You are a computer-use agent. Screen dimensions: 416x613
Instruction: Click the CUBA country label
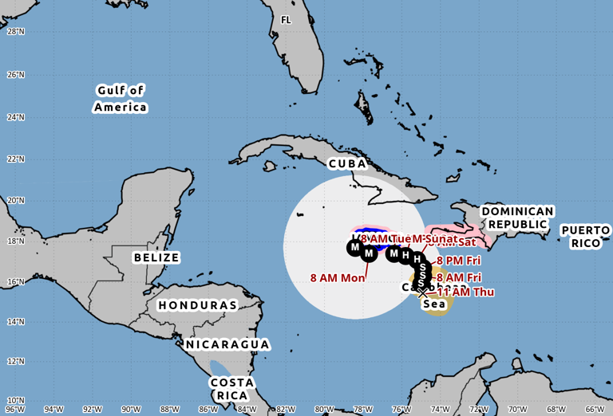(x=347, y=163)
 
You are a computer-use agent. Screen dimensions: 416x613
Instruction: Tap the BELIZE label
(x=156, y=257)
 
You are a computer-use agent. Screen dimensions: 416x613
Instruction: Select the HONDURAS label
(x=197, y=305)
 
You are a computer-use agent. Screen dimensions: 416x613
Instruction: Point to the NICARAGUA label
(x=227, y=344)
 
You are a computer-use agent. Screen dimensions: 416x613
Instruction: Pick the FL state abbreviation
(x=286, y=20)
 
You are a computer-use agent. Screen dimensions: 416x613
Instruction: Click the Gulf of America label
(x=121, y=99)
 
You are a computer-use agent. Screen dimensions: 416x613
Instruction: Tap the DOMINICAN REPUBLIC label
(x=516, y=218)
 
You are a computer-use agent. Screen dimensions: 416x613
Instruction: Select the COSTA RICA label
(x=231, y=388)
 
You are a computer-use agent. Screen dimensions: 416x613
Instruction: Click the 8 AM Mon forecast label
(x=338, y=278)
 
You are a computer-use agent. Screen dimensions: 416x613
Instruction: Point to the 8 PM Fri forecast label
(x=459, y=261)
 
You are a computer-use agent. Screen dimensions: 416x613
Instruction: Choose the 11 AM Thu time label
(x=465, y=292)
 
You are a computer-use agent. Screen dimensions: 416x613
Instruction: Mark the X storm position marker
(x=422, y=292)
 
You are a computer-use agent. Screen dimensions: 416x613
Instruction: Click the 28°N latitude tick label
(x=15, y=31)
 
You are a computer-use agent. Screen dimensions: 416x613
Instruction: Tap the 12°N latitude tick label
(x=15, y=361)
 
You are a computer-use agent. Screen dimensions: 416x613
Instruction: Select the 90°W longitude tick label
(x=131, y=410)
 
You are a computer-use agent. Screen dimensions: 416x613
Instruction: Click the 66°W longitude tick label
(x=595, y=410)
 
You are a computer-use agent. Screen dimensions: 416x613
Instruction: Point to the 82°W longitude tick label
(x=286, y=410)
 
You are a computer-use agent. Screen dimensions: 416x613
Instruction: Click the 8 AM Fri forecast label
(x=459, y=277)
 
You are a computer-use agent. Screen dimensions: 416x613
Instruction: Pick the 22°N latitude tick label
(x=15, y=159)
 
